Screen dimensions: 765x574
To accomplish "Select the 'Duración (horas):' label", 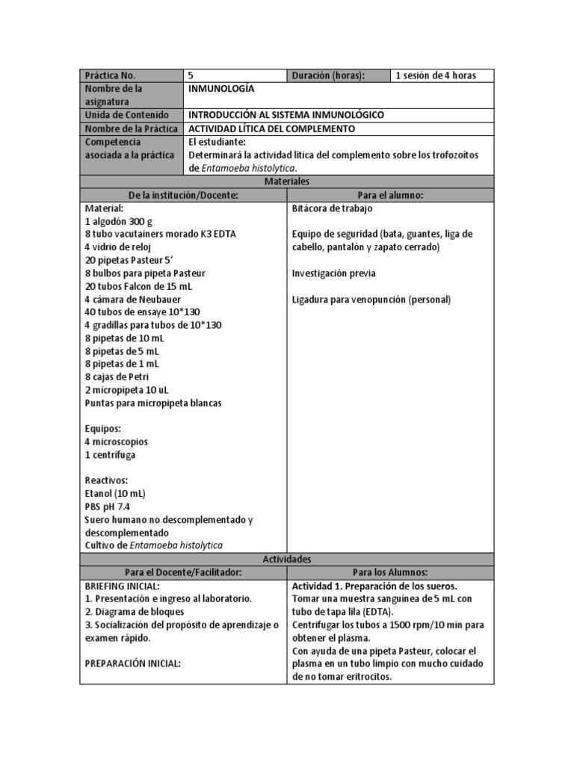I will [328, 75].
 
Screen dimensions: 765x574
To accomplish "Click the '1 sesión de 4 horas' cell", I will [434, 75].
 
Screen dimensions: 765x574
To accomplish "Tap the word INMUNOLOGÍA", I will [221, 89].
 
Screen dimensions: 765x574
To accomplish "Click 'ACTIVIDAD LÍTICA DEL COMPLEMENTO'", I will [271, 128].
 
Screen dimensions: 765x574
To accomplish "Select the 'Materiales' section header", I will [286, 182].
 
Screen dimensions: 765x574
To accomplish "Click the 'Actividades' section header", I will [286, 559].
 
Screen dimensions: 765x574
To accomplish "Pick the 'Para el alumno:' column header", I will [390, 195].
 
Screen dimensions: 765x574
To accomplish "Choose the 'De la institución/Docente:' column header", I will [183, 195].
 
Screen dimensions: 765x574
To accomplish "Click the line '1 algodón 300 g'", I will [119, 221].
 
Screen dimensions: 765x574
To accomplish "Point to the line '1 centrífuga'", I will [111, 454].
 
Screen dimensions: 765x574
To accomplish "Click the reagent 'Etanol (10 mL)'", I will [115, 493].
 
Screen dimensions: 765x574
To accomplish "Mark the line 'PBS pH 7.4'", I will [108, 507].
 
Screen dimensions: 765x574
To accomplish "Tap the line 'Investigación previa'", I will [333, 273].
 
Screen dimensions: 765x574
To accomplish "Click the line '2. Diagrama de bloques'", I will [132, 612].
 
